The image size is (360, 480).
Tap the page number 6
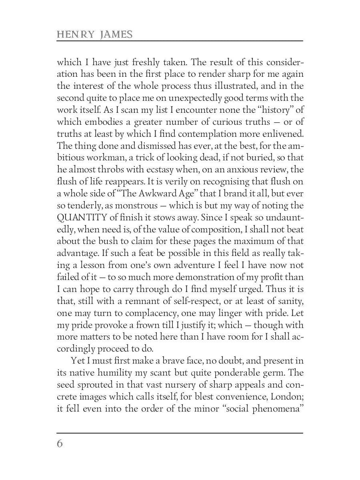tap(60, 444)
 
